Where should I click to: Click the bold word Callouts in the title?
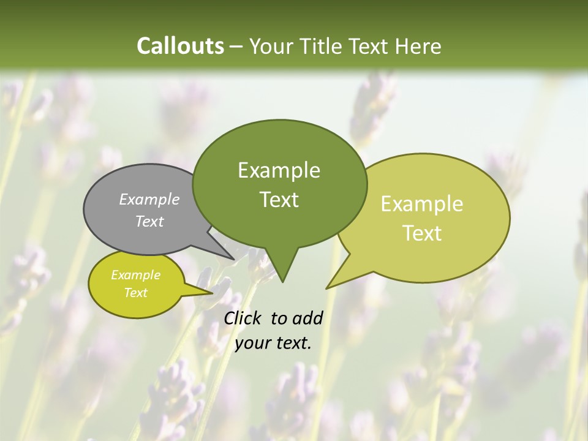pos(180,46)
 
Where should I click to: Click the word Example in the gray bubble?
pos(149,199)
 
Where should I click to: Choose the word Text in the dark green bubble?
pos(279,200)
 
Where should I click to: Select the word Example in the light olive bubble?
pos(422,204)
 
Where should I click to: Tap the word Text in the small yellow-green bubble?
pos(136,293)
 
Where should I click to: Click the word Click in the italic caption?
pos(244,318)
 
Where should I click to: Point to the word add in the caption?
pos(307,318)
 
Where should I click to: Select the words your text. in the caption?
pos(273,343)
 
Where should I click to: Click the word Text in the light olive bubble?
pos(422,233)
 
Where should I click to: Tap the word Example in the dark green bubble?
pos(279,170)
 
